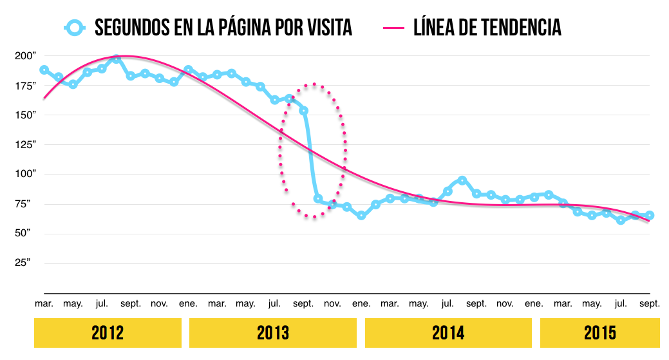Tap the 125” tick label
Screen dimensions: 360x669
24,145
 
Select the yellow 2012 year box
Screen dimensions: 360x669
108,333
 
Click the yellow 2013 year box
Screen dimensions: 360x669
273,333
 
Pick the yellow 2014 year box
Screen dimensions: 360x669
448,333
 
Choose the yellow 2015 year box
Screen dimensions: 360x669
599,333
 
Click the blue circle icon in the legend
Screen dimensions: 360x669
75,28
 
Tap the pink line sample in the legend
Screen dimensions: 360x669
393,28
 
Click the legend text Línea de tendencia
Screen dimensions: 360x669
487,28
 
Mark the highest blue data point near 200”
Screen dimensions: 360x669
117,59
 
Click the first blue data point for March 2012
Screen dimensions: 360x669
44,70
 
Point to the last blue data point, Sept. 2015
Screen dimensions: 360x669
650,215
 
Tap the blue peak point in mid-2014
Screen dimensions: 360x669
462,180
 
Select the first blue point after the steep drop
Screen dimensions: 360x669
318,199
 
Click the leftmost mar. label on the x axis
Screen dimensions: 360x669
44,303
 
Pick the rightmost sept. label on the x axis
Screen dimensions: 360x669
649,303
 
